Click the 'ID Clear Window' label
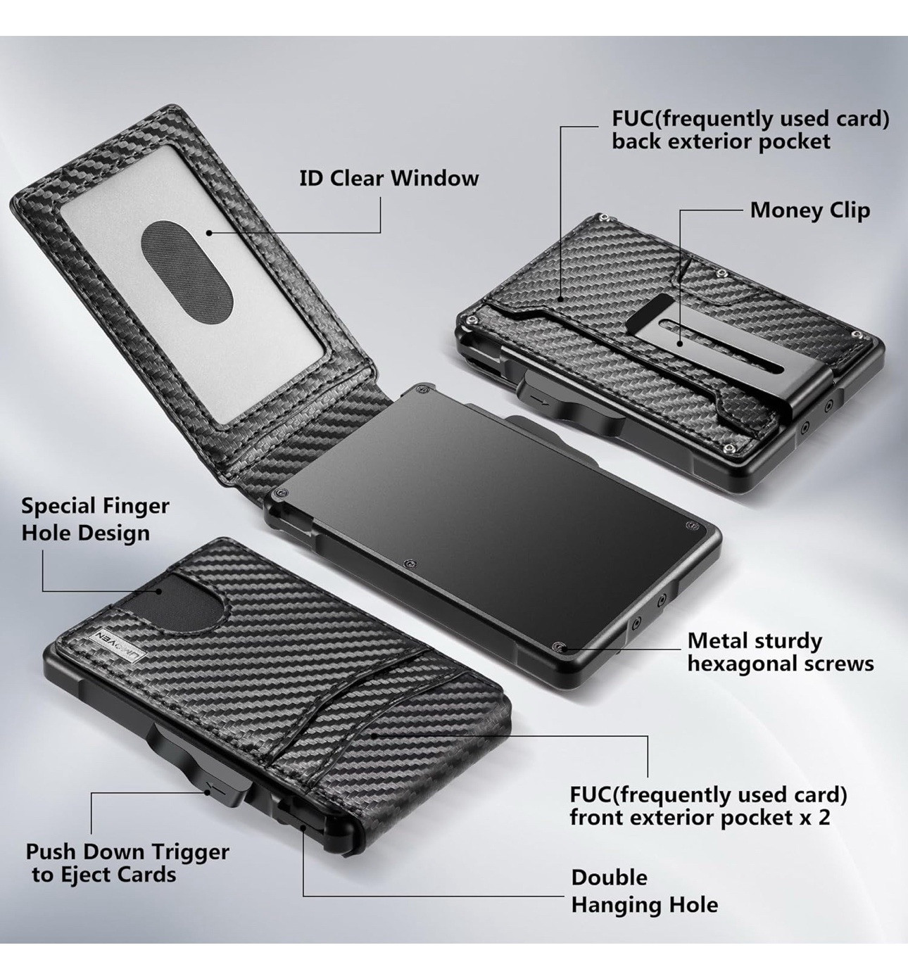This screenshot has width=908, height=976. click(389, 178)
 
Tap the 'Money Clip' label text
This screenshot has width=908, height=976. click(809, 210)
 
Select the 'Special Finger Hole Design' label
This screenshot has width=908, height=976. click(95, 519)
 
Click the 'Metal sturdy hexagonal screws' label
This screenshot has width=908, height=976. click(780, 652)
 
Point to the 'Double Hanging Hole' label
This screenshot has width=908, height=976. click(644, 891)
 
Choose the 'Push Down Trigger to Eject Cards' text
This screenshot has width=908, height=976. click(127, 863)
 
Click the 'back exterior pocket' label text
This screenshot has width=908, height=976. click(721, 141)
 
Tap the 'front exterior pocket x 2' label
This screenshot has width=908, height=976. click(700, 818)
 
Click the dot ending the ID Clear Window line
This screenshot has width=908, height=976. click(208, 232)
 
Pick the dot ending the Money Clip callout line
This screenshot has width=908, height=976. click(681, 343)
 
